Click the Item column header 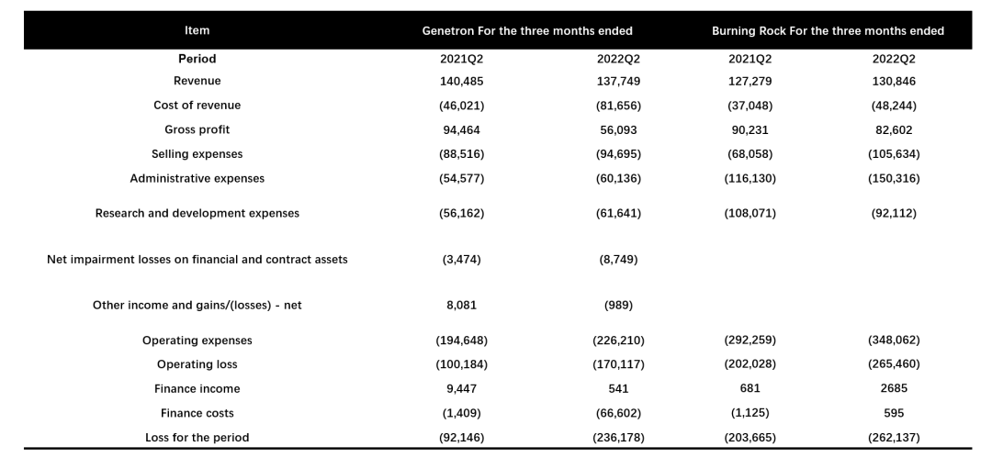click(197, 30)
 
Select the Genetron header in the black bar click(527, 31)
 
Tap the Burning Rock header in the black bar click(828, 31)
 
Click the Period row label click(197, 59)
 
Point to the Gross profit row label click(197, 129)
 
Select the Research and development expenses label click(197, 214)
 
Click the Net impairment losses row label click(197, 260)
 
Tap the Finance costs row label click(197, 413)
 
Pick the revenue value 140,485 click(461, 81)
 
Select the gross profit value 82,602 click(894, 130)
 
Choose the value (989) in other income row click(618, 306)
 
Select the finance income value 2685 click(894, 389)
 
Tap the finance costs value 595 click(894, 413)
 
